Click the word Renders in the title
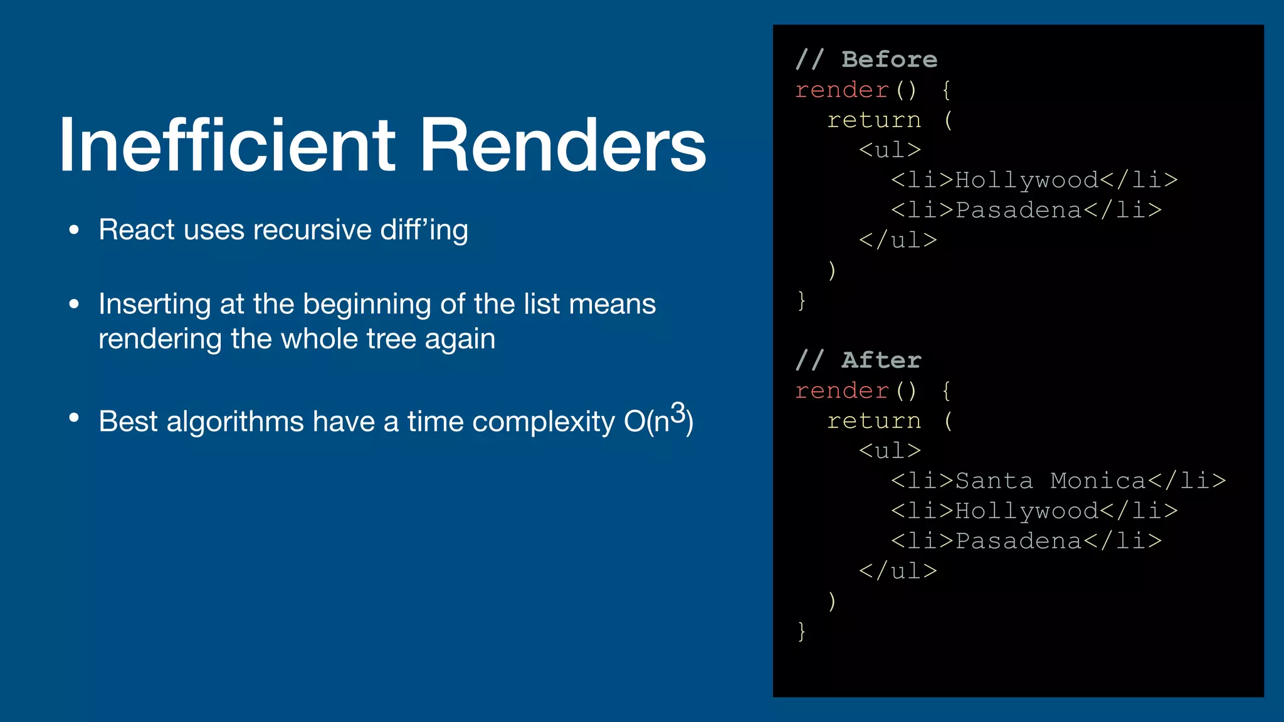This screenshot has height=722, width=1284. pos(563,145)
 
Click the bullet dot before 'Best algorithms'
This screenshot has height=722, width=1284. pos(74,417)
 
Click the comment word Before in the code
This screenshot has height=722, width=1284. pos(889,60)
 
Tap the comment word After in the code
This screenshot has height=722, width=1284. pos(881,360)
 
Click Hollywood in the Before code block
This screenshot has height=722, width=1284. pos(1026,180)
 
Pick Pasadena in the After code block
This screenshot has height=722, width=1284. pos(1018,541)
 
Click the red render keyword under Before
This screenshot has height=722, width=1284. pos(842,90)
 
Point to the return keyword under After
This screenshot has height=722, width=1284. pos(874,421)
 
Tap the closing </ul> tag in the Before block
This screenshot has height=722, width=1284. pos(898,240)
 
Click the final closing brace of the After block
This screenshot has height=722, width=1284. pos(801,630)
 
